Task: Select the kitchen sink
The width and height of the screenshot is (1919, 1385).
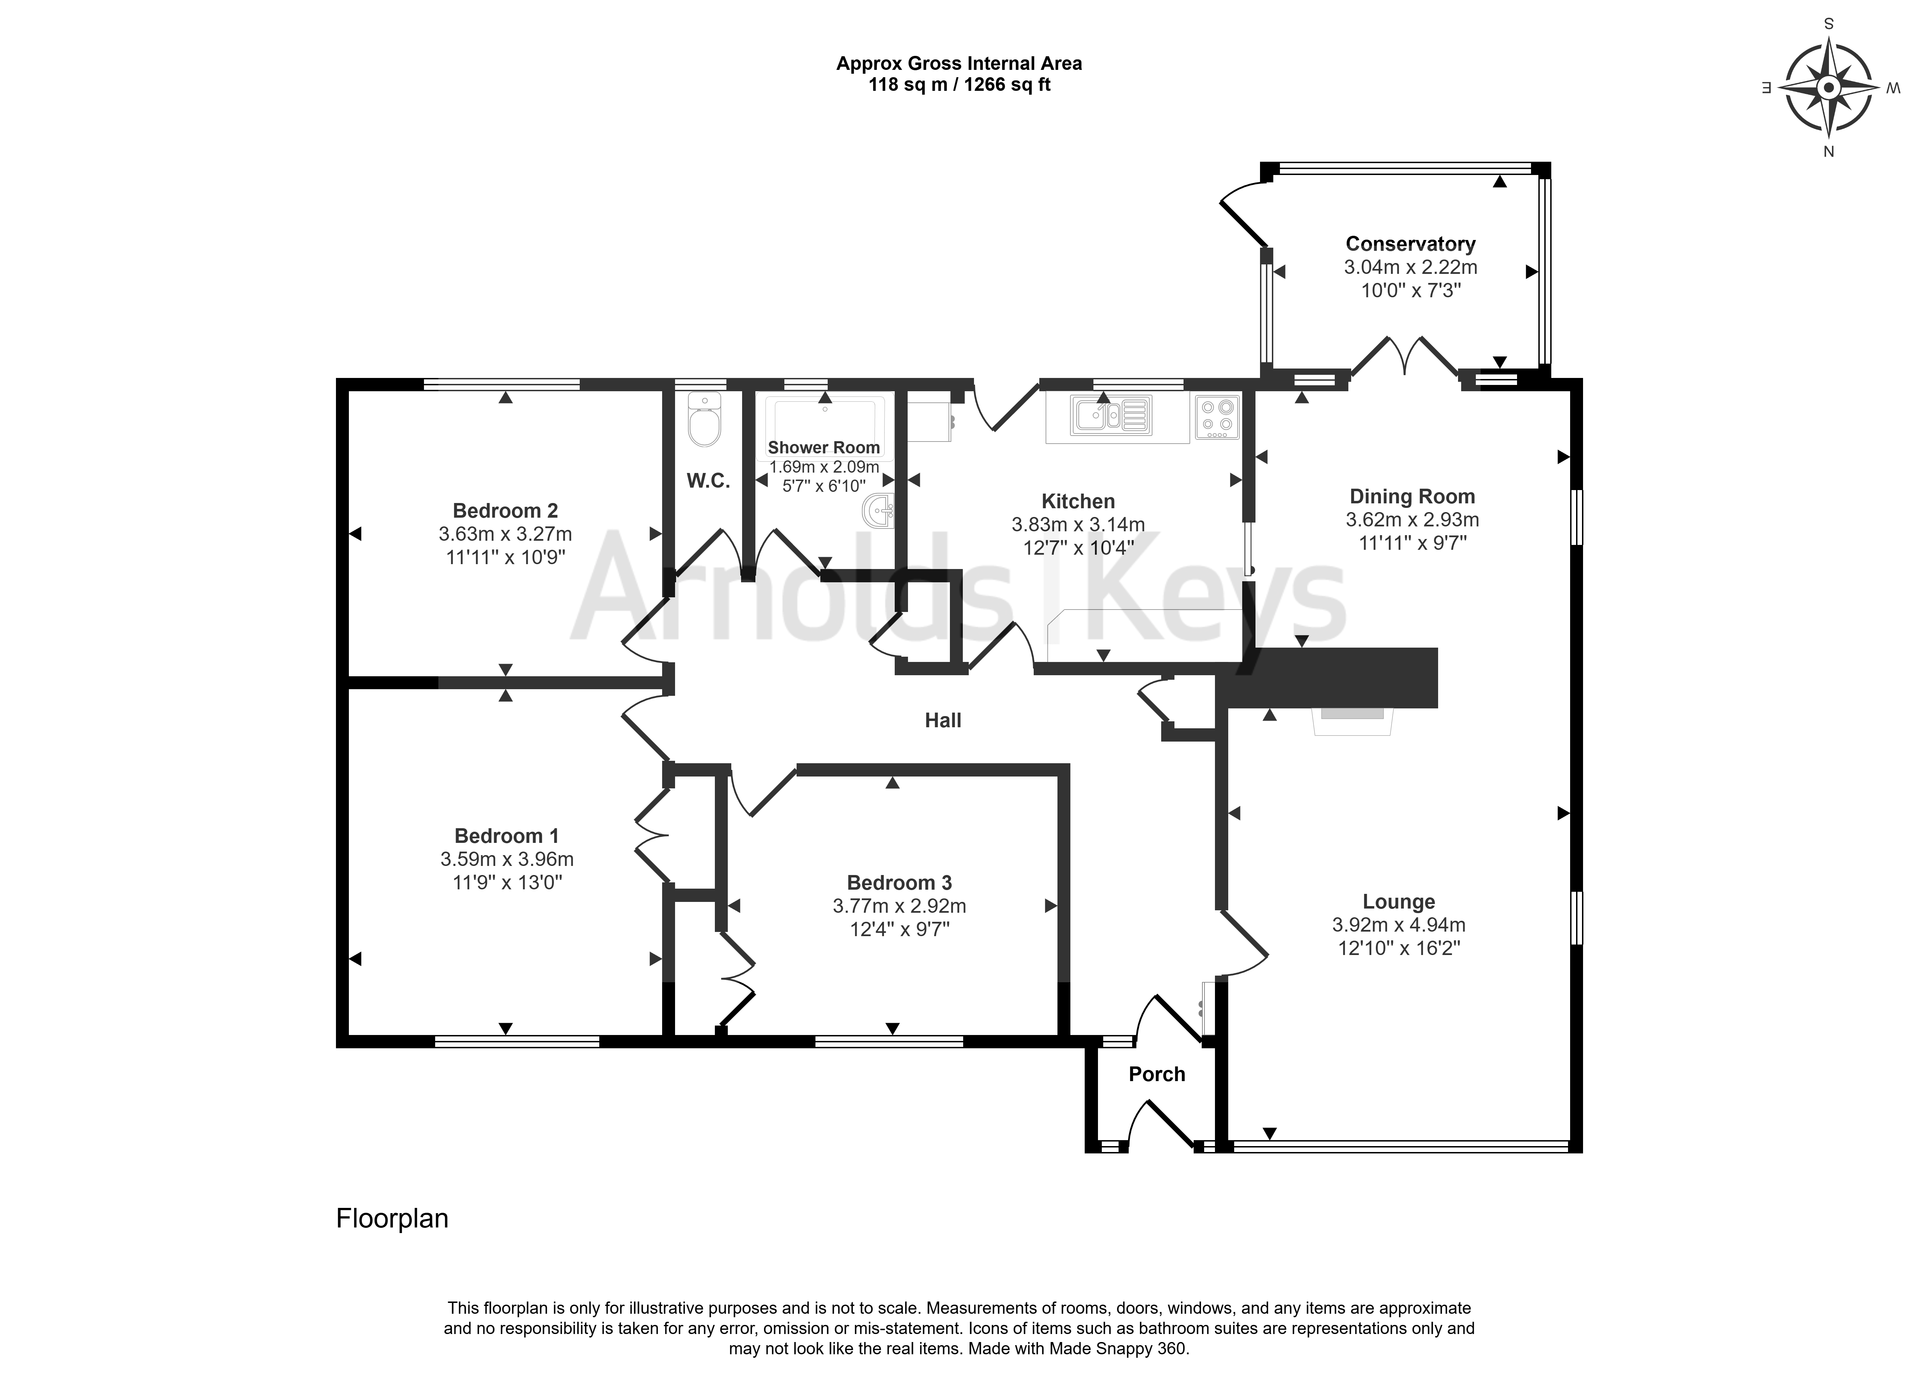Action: pos(1112,415)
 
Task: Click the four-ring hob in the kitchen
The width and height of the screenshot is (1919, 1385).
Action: pos(1217,417)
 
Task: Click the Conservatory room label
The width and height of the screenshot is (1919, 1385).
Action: pos(1411,244)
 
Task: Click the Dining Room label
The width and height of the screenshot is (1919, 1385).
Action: pos(1412,497)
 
